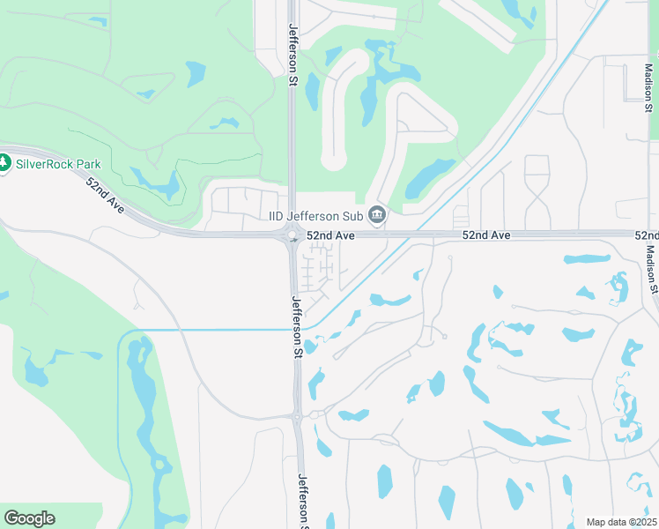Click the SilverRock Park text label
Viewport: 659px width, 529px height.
pyautogui.click(x=58, y=164)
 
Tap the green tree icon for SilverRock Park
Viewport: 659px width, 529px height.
pyautogui.click(x=4, y=163)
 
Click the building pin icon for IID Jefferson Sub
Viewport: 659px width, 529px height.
pyautogui.click(x=377, y=215)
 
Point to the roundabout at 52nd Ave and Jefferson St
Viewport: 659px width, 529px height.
pyautogui.click(x=292, y=235)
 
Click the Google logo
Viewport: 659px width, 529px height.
pyautogui.click(x=29, y=518)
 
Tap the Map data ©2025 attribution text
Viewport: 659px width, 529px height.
pyautogui.click(x=621, y=522)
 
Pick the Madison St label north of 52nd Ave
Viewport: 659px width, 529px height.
pyautogui.click(x=648, y=78)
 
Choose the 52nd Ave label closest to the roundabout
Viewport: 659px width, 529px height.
pyautogui.click(x=330, y=236)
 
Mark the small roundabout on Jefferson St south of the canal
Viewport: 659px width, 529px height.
pyautogui.click(x=299, y=416)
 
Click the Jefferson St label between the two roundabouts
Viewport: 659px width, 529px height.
pyautogui.click(x=298, y=326)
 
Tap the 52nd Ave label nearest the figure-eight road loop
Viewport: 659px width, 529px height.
pyautogui.click(x=486, y=236)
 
